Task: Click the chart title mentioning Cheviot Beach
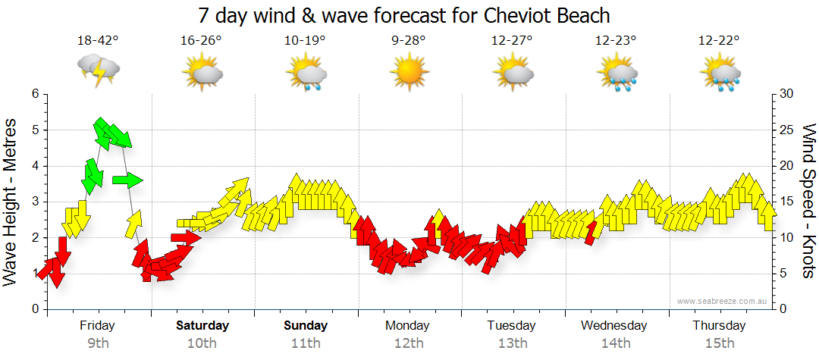(404, 15)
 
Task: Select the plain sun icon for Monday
(409, 73)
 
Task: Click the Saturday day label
(202, 326)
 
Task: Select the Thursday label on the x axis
(719, 326)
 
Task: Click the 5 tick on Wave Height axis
(35, 130)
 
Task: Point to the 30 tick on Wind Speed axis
(786, 94)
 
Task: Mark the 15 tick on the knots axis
(786, 202)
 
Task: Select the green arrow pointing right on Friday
(127, 180)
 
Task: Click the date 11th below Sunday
(306, 343)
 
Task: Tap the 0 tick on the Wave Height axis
(35, 309)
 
